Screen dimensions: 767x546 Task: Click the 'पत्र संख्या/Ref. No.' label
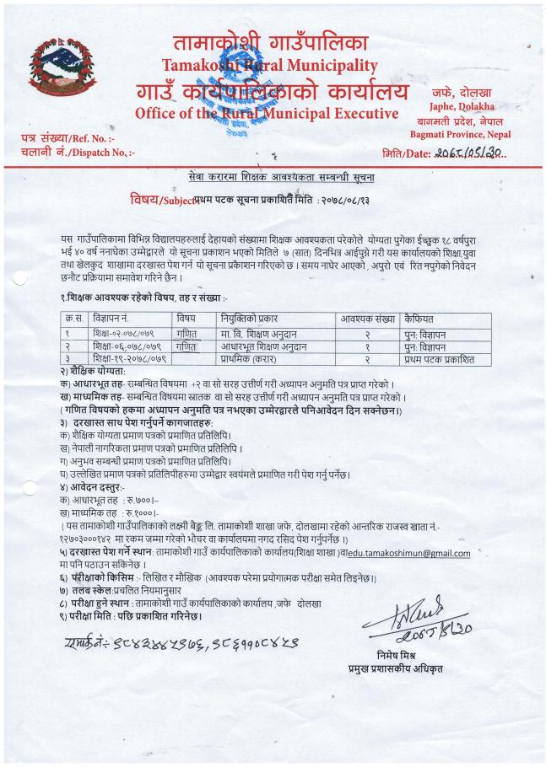[65, 137]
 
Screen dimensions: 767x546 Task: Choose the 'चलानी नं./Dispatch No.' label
[70, 152]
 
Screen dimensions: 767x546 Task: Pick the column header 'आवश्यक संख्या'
[367, 320]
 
